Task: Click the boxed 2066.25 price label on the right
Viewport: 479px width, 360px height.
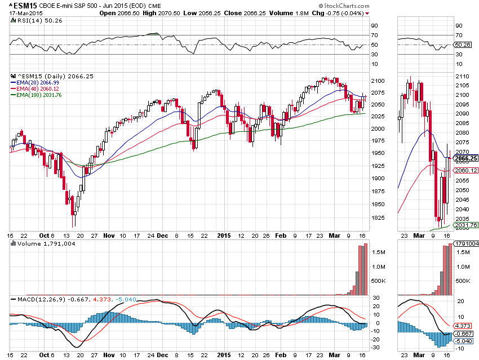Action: [x=466, y=159]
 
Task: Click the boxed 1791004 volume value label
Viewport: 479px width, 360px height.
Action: [x=467, y=244]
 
